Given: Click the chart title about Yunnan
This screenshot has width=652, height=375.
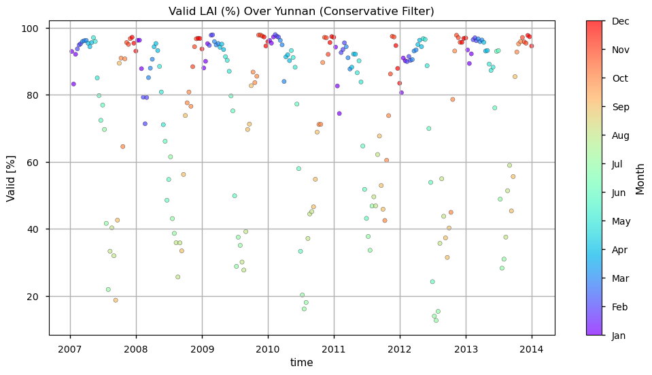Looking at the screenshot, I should (x=301, y=12).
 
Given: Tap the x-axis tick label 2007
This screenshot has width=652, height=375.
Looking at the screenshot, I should (x=70, y=349).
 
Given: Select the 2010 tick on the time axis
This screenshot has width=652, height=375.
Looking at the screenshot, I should (x=268, y=349).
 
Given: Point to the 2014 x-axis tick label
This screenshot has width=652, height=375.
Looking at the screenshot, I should (x=532, y=349).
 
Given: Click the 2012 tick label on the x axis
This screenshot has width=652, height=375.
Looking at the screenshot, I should (x=400, y=349).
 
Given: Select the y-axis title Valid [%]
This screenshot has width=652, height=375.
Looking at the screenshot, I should (x=12, y=178).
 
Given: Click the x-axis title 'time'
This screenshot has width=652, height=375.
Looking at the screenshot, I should (x=301, y=363).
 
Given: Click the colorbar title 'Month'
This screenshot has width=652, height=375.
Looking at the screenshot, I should (x=640, y=178).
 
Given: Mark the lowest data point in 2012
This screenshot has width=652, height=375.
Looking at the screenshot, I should (x=436, y=320).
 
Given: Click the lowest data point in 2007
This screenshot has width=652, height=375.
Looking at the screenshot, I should (x=116, y=300).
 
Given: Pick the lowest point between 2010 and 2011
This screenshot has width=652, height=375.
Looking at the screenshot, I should (x=304, y=309).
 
